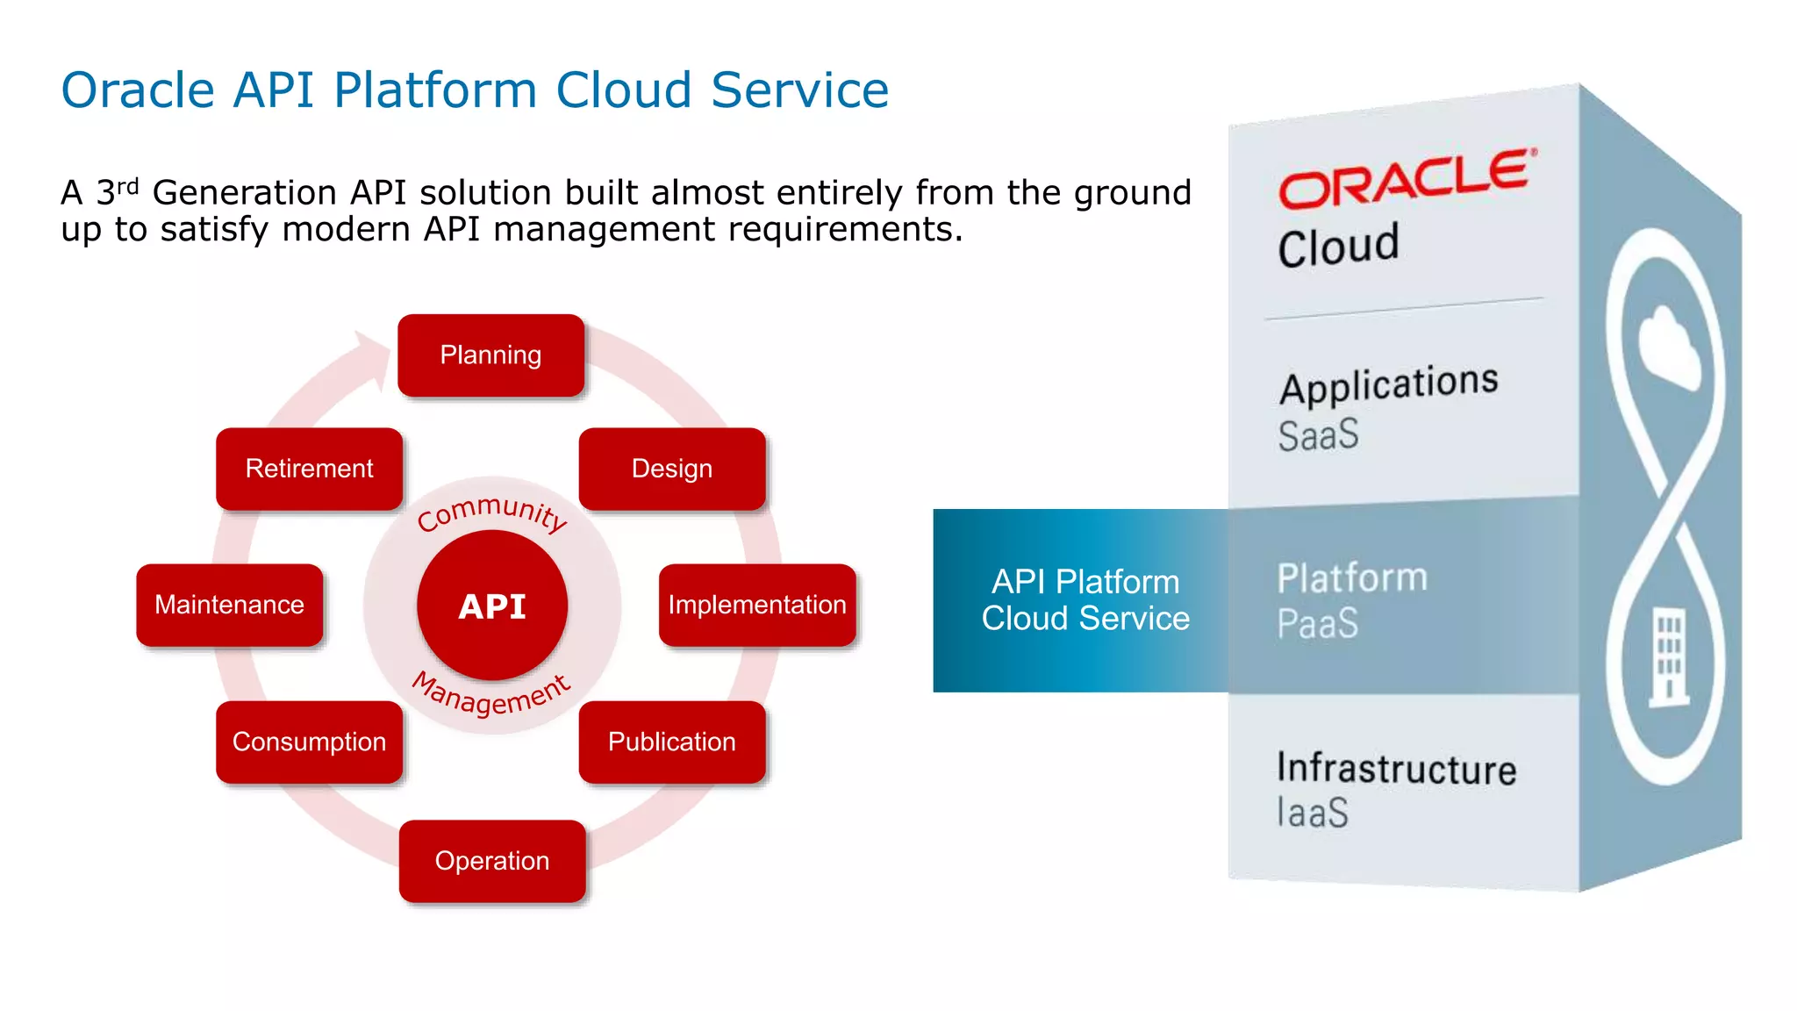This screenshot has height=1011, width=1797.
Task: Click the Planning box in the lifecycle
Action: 490,355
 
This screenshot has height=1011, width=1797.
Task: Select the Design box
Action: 672,469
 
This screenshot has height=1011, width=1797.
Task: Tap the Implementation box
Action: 756,605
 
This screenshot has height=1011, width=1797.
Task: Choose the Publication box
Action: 672,742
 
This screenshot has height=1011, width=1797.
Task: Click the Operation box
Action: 492,861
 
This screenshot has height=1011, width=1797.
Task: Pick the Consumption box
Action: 309,742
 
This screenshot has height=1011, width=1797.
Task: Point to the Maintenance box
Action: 230,605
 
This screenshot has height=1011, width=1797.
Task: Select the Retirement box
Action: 309,469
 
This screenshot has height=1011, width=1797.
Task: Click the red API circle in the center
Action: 492,606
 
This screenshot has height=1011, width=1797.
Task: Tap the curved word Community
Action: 492,513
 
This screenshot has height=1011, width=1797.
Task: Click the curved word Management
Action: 492,696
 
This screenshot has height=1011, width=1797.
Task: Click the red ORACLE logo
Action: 1406,179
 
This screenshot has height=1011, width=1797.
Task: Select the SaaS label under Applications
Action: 1318,435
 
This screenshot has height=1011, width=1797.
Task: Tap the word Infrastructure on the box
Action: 1396,769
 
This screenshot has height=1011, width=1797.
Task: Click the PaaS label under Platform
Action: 1317,623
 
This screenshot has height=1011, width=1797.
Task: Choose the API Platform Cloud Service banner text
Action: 1085,600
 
